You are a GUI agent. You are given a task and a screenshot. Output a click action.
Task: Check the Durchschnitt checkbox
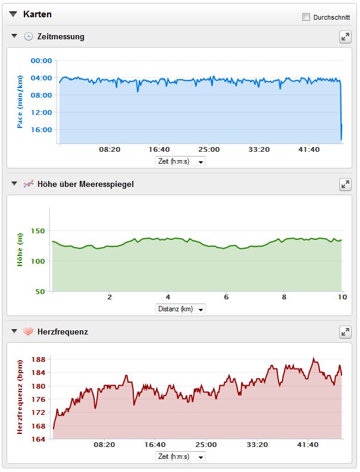point(306,17)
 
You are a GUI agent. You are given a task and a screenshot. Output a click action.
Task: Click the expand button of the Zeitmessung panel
point(345,37)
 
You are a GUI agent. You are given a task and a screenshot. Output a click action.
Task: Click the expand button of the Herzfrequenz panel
point(345,332)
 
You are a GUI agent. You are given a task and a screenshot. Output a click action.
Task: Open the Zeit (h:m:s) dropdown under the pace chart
point(180,161)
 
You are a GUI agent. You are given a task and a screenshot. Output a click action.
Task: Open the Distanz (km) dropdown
point(180,309)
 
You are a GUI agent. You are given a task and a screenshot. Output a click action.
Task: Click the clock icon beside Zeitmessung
point(28,37)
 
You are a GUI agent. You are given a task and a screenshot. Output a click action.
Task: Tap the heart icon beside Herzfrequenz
point(28,332)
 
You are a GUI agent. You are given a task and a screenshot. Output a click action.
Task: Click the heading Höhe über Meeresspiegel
point(85,184)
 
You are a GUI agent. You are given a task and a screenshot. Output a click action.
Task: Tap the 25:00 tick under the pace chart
point(209,149)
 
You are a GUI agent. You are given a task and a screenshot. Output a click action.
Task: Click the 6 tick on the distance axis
point(226,297)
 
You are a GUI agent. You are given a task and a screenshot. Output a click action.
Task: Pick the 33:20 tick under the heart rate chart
point(257,445)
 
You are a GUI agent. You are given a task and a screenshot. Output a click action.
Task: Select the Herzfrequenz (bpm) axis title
point(20,397)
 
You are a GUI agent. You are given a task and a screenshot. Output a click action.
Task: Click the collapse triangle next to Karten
point(13,14)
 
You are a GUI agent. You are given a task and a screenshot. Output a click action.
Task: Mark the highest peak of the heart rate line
point(314,359)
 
